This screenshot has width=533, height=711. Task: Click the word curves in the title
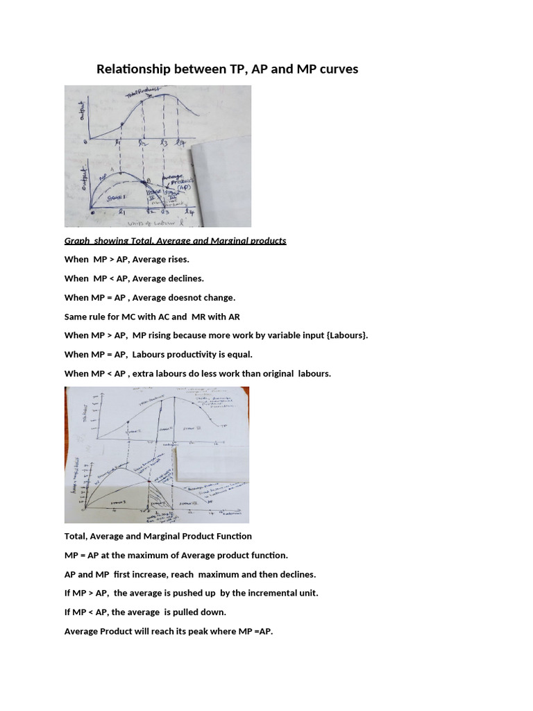tap(337, 69)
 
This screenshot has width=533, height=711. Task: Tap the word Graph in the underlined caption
tap(78, 241)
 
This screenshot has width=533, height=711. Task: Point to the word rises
tap(177, 259)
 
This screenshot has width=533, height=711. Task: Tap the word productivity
tap(187, 354)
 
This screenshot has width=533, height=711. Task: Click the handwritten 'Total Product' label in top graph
tap(142, 92)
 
